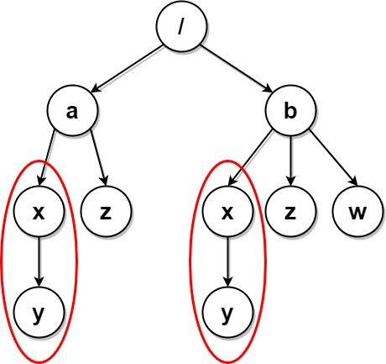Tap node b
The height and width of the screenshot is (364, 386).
point(290,111)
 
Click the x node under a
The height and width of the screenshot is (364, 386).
point(37,212)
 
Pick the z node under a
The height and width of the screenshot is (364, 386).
point(105,212)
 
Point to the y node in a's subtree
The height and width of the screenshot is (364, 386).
point(37,314)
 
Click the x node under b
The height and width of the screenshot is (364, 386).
point(226,212)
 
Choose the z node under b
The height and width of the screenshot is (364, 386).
point(290,212)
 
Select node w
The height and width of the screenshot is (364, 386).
point(357,212)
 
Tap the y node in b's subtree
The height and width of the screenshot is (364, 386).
point(226,314)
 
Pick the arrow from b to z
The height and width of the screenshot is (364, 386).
point(290,161)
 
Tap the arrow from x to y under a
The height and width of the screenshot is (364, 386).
point(37,262)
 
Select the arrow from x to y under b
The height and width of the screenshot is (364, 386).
point(226,262)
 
